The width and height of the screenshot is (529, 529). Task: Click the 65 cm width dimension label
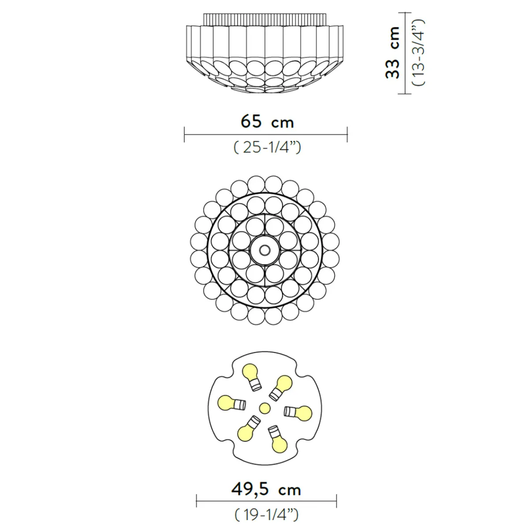(x=267, y=122)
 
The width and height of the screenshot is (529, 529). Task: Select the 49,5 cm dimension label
(x=266, y=489)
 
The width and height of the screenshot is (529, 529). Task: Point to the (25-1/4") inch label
(x=267, y=147)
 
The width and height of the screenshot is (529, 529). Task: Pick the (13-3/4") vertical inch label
(x=419, y=52)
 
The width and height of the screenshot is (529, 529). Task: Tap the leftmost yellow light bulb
(x=231, y=403)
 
